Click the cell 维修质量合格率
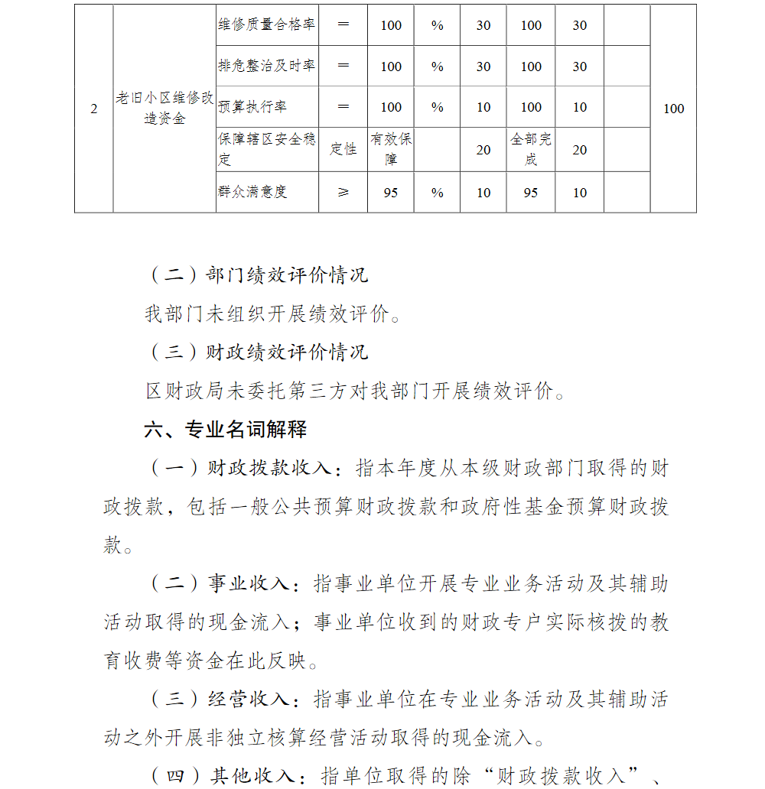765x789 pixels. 266,25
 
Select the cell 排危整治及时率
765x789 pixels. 266,67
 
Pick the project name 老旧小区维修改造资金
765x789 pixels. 164,109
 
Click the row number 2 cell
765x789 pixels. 94,109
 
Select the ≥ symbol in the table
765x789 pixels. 343,193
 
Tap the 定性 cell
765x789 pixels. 343,150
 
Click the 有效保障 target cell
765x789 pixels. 391,150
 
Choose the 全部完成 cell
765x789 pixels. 531,150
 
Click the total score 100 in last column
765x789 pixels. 673,109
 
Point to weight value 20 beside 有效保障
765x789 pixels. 483,150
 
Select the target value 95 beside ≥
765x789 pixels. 391,193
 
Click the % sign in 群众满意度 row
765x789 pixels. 437,193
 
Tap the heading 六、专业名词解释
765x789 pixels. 226,430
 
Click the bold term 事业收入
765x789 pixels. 249,584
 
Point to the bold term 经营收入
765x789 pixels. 249,700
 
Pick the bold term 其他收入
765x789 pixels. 252,776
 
